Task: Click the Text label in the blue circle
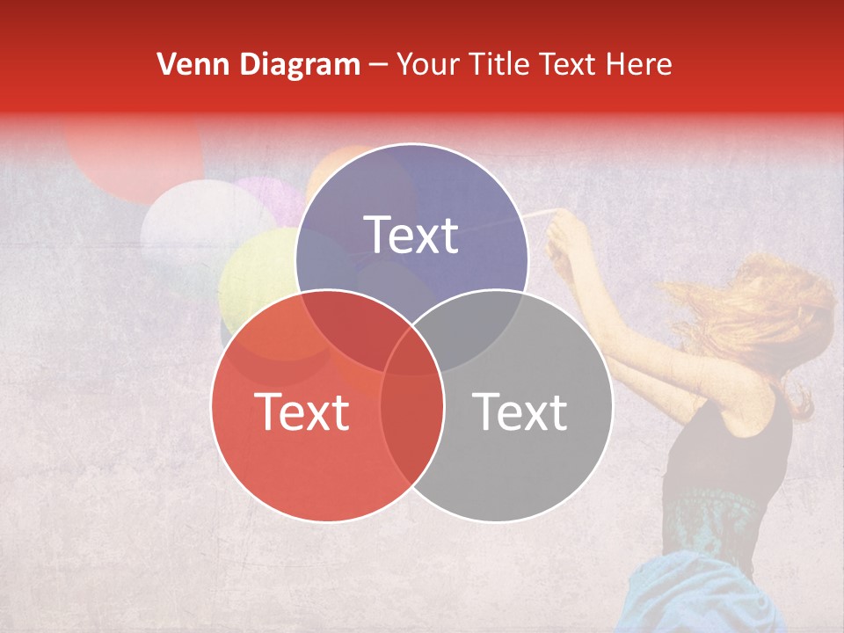coord(411,235)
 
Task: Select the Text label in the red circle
coord(302,411)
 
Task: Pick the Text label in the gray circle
coord(520,411)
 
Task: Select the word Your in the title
coord(429,64)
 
